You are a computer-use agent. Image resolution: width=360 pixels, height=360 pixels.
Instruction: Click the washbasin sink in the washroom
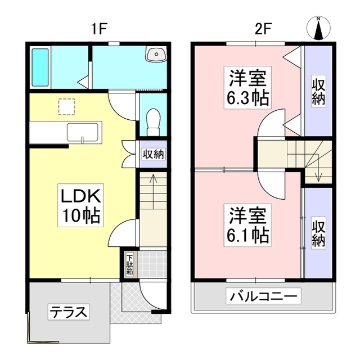point(156,55)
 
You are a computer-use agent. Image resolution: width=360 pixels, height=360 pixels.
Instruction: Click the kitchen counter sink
point(83,133)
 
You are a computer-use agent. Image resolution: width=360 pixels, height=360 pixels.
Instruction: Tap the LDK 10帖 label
point(80,206)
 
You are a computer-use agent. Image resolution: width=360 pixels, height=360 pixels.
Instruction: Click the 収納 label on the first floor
point(153,154)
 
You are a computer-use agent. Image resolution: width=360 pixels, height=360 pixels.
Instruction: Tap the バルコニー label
point(263,296)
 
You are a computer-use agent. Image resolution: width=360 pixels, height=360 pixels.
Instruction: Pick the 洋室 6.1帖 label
point(248,224)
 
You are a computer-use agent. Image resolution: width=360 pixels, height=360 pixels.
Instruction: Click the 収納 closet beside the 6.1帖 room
point(318,232)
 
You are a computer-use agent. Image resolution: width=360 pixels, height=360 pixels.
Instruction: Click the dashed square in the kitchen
point(67,106)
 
